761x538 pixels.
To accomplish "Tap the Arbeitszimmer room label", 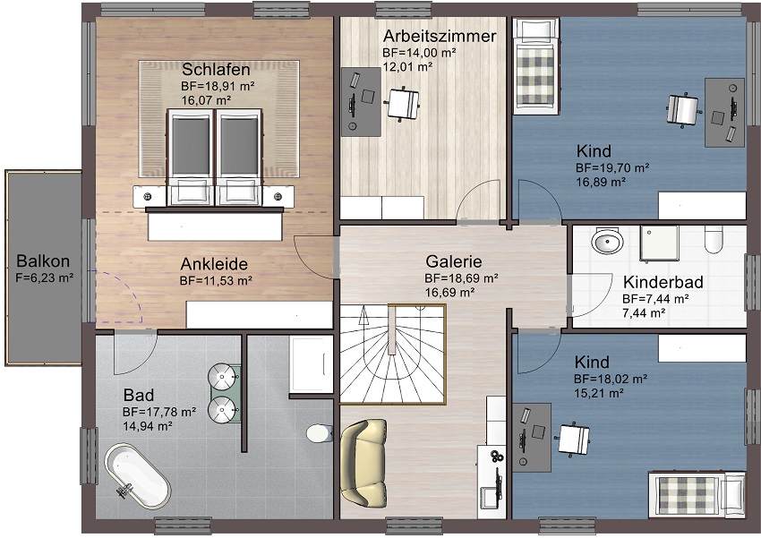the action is pos(440,36).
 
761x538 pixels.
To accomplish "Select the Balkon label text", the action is pos(43,261).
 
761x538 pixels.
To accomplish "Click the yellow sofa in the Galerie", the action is pos(364,462).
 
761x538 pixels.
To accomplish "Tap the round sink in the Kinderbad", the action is pos(607,241).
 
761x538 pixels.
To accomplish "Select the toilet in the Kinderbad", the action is pos(714,240).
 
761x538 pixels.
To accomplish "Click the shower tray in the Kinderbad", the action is pos(659,243).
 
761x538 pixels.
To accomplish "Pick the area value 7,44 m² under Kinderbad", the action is pos(644,313).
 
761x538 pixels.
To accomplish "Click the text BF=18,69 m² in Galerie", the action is pos(462,278).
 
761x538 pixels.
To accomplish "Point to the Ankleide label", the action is pos(214,264).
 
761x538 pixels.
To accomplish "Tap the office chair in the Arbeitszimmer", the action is pos(402,104).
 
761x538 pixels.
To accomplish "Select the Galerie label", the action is pos(454,261).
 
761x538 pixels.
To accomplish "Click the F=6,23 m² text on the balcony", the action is pos(45,278).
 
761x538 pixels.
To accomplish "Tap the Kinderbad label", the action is pos(663,282).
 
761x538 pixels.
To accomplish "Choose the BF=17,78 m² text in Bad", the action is pos(159,413).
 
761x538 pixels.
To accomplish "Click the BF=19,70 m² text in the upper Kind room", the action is pos(612,168).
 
